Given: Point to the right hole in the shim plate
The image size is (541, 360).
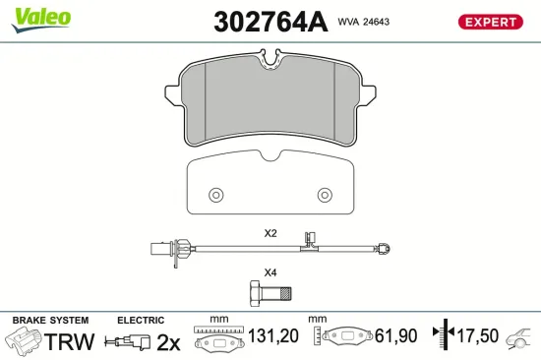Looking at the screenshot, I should click(325, 193).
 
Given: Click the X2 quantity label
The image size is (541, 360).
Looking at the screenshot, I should click(270, 234).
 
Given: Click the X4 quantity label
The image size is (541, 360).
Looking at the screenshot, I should click(270, 272).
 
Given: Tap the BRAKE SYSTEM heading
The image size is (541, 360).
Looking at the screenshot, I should click(49, 321).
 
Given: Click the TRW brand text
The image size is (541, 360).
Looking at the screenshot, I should click(71, 341).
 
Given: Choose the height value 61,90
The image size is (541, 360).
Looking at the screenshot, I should click(395, 337).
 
